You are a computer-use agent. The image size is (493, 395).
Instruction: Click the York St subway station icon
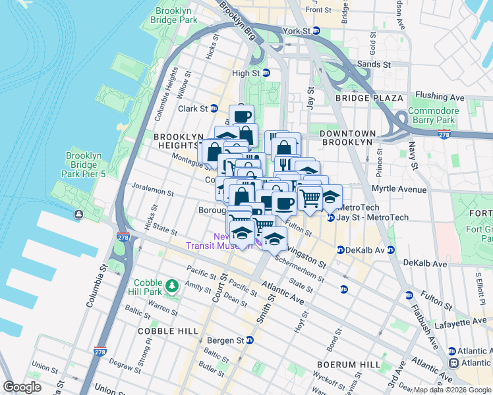pyautogui.click(x=316, y=31)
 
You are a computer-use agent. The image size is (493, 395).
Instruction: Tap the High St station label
pyautogui.click(x=247, y=73)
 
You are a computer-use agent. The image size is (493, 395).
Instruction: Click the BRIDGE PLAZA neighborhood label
pyautogui.click(x=368, y=98)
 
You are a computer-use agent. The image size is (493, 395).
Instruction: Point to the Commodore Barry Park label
pyautogui.click(x=432, y=115)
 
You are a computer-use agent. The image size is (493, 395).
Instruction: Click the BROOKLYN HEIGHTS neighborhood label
pyautogui.click(x=178, y=141)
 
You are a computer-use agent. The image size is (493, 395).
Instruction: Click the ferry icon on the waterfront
pyautogui.click(x=78, y=214)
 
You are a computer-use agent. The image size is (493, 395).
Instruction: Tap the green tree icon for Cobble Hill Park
pyautogui.click(x=172, y=285)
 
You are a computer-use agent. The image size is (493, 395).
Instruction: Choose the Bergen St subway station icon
pyautogui.click(x=250, y=340)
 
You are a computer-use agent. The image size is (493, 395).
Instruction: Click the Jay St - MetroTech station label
pyautogui.click(x=372, y=217)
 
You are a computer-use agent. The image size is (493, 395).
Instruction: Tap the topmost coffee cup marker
pyautogui.click(x=241, y=117)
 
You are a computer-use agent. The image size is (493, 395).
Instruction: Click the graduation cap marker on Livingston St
pyautogui.click(x=274, y=238)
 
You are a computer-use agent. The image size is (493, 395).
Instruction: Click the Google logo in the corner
pyautogui.click(x=22, y=387)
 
